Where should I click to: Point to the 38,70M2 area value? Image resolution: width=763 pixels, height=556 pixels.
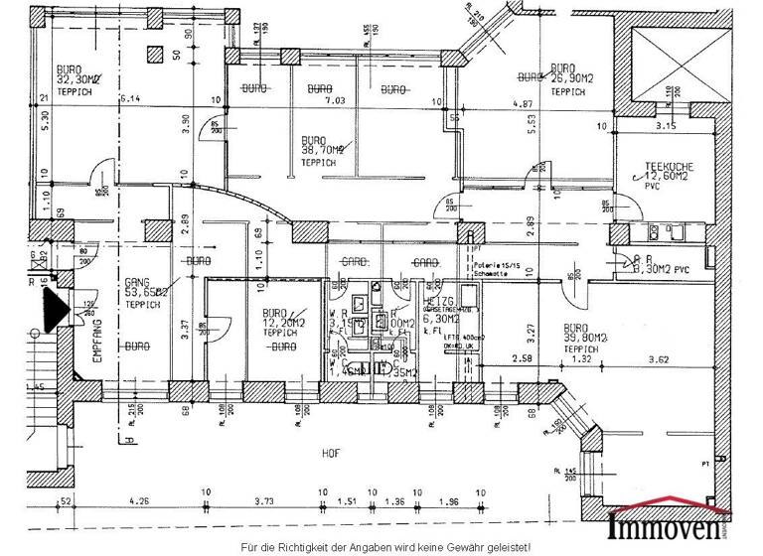[x=322, y=150]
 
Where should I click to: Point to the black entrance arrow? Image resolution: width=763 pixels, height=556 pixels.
[x=53, y=309]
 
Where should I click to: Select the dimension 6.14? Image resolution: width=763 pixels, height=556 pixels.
[x=129, y=100]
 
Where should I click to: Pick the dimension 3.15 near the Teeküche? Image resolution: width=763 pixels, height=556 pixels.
[x=662, y=126]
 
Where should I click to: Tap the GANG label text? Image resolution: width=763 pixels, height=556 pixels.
[x=136, y=282]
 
